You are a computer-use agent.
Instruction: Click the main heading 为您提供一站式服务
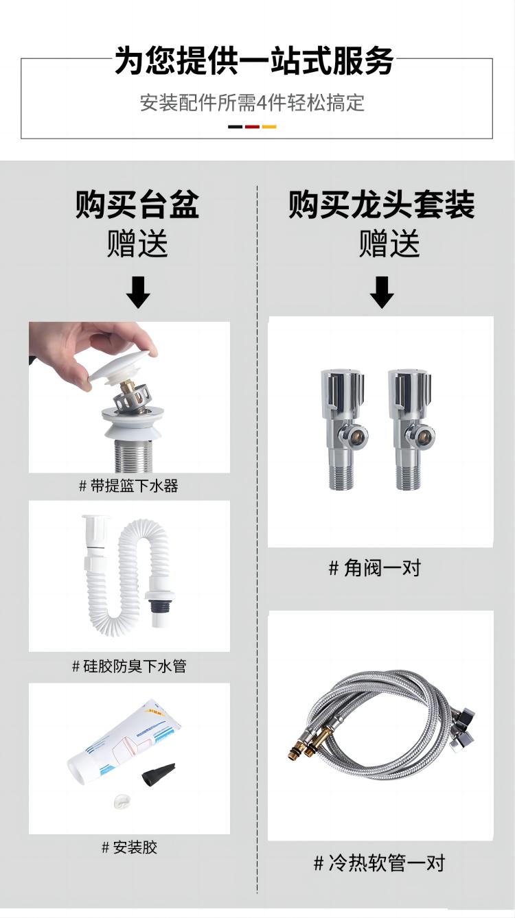(x=254, y=60)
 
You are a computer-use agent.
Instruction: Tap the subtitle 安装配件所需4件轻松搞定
(x=252, y=103)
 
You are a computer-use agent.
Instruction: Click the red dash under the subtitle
(x=252, y=127)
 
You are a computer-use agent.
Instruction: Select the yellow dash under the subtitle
(x=269, y=127)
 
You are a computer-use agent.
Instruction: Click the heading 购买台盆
(x=137, y=204)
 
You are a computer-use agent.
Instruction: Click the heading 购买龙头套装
(x=382, y=204)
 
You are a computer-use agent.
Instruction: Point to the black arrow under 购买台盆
(x=138, y=292)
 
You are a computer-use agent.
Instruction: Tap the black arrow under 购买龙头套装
(x=382, y=292)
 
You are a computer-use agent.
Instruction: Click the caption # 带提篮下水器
(x=128, y=486)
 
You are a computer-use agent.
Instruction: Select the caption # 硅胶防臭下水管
(x=129, y=666)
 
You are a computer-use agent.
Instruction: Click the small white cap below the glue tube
(x=122, y=801)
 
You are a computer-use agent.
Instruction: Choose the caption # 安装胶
(x=129, y=847)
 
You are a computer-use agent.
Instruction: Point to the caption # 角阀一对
(x=375, y=568)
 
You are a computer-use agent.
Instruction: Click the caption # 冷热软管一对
(x=379, y=862)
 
